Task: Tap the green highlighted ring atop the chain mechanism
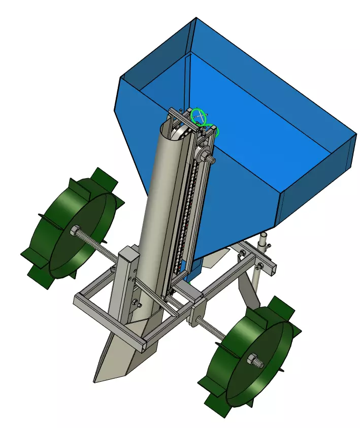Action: pyautogui.click(x=199, y=115)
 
